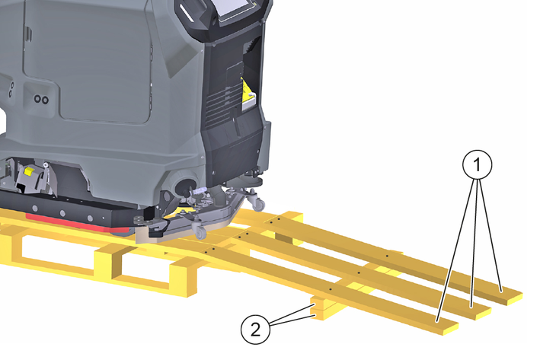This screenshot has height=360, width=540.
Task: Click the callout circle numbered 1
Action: [477, 164]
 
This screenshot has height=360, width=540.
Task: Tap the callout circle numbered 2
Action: [255, 330]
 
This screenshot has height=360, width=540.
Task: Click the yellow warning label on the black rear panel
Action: [248, 94]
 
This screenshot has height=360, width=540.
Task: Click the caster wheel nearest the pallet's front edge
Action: [200, 231]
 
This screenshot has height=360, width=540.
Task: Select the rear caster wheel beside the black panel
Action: [258, 203]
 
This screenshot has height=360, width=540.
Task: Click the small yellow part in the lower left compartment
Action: [28, 172]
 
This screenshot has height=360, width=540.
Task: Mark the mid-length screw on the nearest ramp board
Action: [331, 290]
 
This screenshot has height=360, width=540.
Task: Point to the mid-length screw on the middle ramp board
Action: [359, 273]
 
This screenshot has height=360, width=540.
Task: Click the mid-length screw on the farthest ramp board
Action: [387, 256]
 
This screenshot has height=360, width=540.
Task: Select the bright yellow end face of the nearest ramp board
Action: [449, 330]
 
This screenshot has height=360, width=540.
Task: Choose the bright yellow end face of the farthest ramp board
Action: [514, 299]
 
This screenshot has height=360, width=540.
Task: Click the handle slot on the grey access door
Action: [29, 33]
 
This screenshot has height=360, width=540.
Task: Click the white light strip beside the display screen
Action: [187, 11]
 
